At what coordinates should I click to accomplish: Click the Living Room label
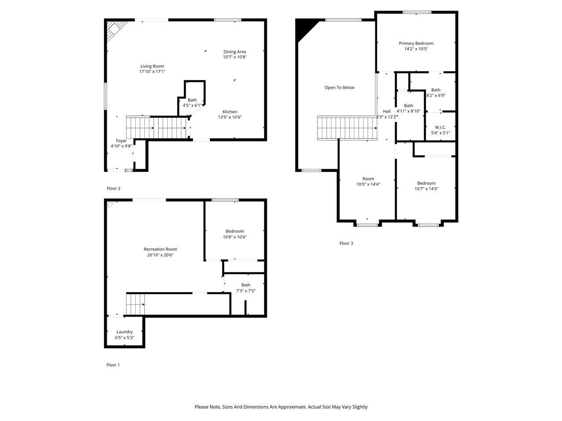152,66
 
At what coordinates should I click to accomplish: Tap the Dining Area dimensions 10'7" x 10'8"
235,57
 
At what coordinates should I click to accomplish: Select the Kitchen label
230,112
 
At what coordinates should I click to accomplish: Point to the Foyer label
121,141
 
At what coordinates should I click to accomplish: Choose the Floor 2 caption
113,189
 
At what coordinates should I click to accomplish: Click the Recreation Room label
160,249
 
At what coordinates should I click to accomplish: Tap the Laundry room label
124,332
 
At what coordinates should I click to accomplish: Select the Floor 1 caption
113,365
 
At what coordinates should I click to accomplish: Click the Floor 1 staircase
135,304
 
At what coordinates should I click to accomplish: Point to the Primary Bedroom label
416,43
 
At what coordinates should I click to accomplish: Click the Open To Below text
339,88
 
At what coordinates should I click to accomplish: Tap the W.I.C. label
440,127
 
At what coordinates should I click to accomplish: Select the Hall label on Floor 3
387,111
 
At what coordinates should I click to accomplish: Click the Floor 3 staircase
347,128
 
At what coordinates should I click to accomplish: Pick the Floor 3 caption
346,243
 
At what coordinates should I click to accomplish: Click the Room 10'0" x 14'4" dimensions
368,184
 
